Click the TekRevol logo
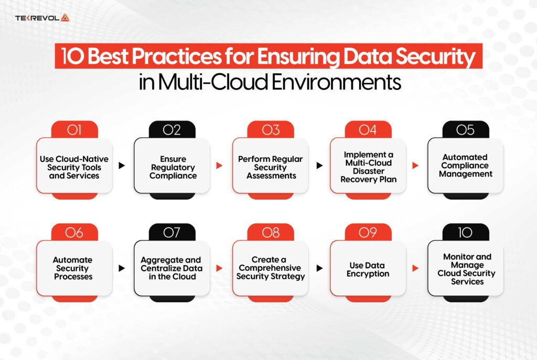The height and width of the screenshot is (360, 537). pos(42,18)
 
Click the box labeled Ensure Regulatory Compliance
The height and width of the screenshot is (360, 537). pos(173,167)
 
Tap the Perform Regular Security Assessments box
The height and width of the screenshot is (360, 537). pos(271,167)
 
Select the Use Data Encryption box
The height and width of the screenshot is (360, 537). pos(368,269)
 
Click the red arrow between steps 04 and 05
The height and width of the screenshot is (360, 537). pos(416,166)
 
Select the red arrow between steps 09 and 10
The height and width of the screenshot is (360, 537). pos(416,268)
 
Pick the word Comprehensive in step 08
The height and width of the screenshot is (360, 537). pos(271,268)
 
